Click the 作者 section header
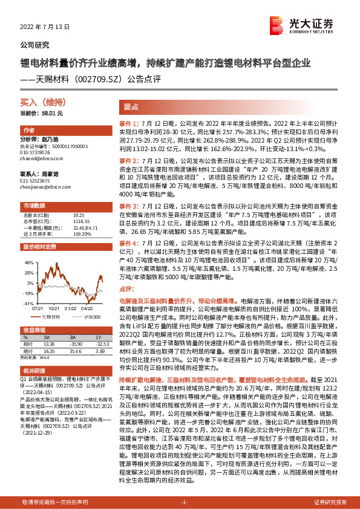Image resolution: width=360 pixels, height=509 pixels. click(x=29, y=131)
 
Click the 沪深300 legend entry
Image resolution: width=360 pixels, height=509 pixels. click(x=91, y=316)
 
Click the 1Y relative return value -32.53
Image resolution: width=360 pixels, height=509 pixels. click(x=99, y=343)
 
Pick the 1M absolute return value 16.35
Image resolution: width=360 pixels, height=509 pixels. click(x=49, y=350)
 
